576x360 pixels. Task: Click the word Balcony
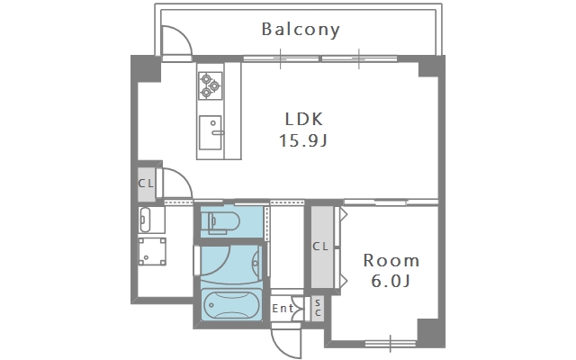301,30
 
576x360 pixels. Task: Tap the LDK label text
304,119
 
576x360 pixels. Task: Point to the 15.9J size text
303,140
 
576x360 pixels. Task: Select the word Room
391,260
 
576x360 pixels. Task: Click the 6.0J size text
390,282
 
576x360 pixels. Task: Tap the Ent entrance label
283,308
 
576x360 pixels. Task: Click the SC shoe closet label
318,308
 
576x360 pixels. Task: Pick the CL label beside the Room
320,247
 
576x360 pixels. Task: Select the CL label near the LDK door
146,184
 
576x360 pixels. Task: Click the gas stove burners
211,85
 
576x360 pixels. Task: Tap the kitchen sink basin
211,132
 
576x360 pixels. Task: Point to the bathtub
231,304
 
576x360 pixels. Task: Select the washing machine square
152,252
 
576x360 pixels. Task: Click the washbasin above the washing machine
146,220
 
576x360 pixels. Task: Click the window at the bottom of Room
391,344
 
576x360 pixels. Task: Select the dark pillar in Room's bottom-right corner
430,331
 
